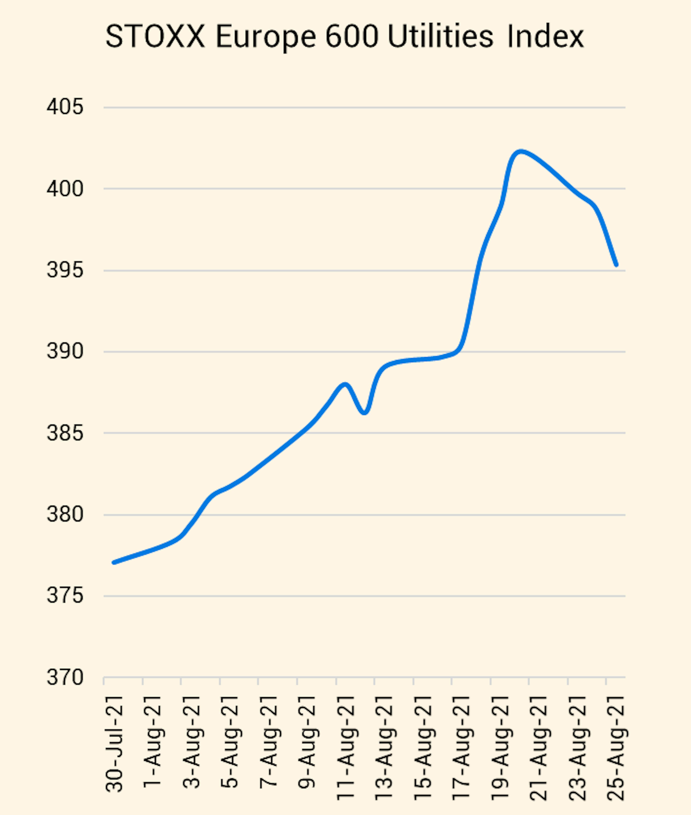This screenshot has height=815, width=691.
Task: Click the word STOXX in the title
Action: point(155,36)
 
